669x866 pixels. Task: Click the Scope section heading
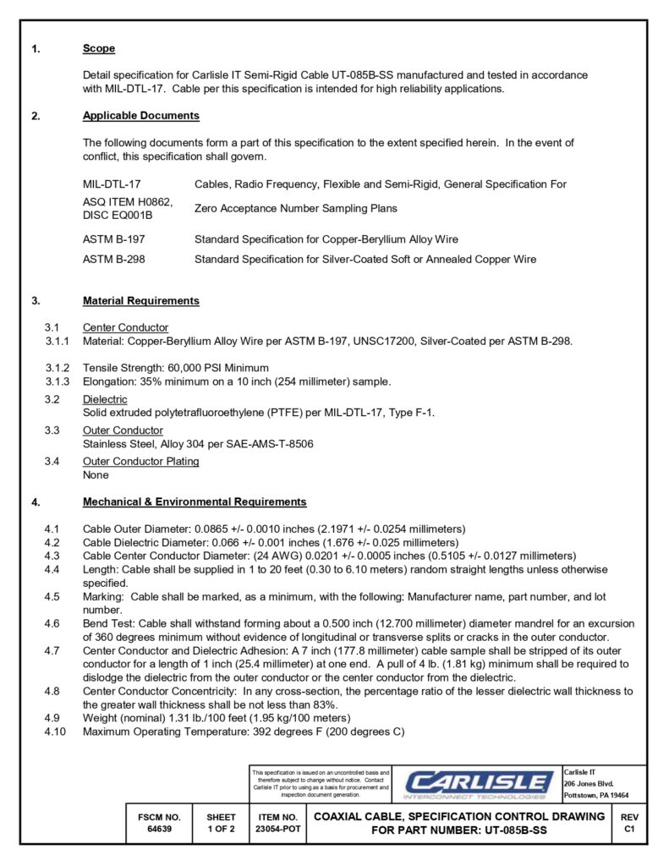tap(99, 49)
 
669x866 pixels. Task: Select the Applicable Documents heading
tap(140, 116)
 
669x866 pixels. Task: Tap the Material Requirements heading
tap(140, 301)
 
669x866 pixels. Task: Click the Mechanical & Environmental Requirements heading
tap(195, 502)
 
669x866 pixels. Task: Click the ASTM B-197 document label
tap(113, 239)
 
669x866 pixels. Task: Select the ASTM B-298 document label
tap(113, 260)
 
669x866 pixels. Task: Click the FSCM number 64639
tap(159, 830)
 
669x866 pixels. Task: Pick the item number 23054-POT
tap(277, 830)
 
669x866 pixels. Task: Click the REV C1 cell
tap(629, 824)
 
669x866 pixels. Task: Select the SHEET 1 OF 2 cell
tap(221, 824)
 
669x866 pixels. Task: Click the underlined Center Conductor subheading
tap(125, 328)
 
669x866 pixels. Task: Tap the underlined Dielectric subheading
tap(105, 400)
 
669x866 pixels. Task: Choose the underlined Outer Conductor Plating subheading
tap(140, 462)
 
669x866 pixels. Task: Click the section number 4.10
tap(55, 732)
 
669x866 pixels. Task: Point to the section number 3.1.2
tap(58, 368)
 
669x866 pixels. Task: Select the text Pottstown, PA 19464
tap(595, 796)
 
